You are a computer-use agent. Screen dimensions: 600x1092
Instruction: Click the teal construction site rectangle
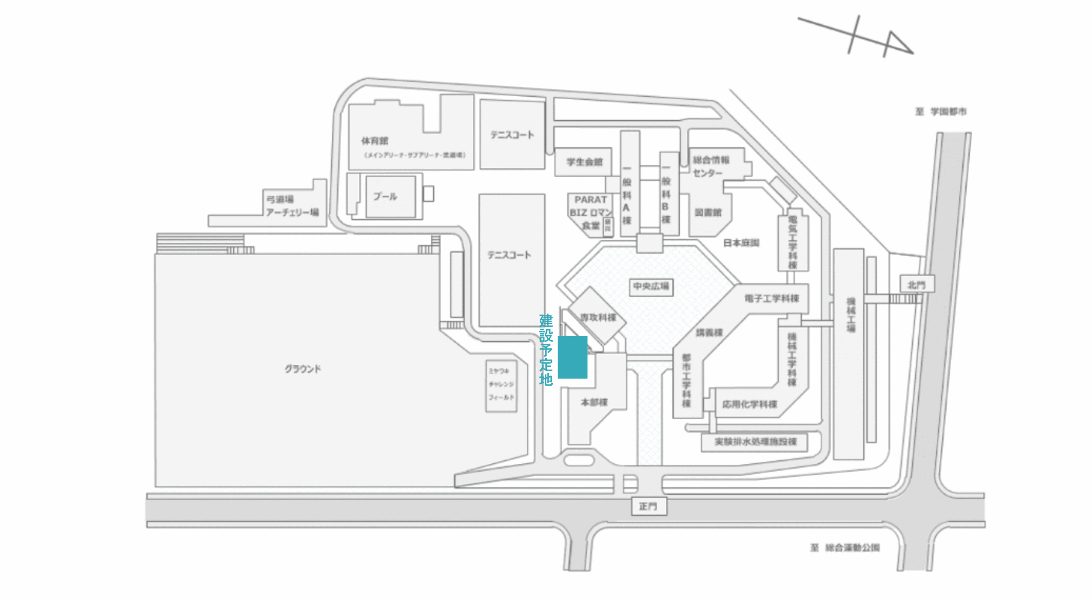pyautogui.click(x=572, y=357)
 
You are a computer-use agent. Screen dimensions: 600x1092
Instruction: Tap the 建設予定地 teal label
pyautogui.click(x=546, y=349)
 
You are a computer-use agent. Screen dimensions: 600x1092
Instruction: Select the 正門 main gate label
pyautogui.click(x=648, y=506)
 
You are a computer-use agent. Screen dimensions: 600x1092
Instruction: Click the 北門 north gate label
pyautogui.click(x=917, y=285)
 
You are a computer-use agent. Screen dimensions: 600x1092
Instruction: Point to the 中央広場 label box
pyautogui.click(x=651, y=286)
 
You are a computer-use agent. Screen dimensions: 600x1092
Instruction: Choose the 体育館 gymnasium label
pyautogui.click(x=375, y=141)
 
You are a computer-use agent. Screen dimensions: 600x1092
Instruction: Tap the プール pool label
pyautogui.click(x=385, y=196)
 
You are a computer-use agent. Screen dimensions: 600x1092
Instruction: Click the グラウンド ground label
pyautogui.click(x=303, y=369)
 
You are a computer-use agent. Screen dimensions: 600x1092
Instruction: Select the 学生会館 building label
pyautogui.click(x=584, y=162)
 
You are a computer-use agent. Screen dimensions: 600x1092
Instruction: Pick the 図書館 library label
pyautogui.click(x=708, y=212)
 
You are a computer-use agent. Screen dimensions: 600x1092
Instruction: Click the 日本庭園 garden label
pyautogui.click(x=741, y=243)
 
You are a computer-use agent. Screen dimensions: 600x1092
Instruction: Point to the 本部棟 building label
pyautogui.click(x=594, y=402)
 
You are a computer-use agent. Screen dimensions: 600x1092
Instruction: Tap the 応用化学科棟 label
pyautogui.click(x=749, y=404)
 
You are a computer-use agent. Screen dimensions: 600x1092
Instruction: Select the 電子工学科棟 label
pyautogui.click(x=772, y=298)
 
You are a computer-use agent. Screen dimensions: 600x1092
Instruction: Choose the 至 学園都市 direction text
pyautogui.click(x=941, y=112)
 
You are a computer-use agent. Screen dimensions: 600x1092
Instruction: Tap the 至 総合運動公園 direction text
pyautogui.click(x=845, y=548)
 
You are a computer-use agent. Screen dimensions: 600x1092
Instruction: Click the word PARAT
pyautogui.click(x=590, y=199)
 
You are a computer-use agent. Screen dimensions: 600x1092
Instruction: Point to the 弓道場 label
pyautogui.click(x=280, y=199)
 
